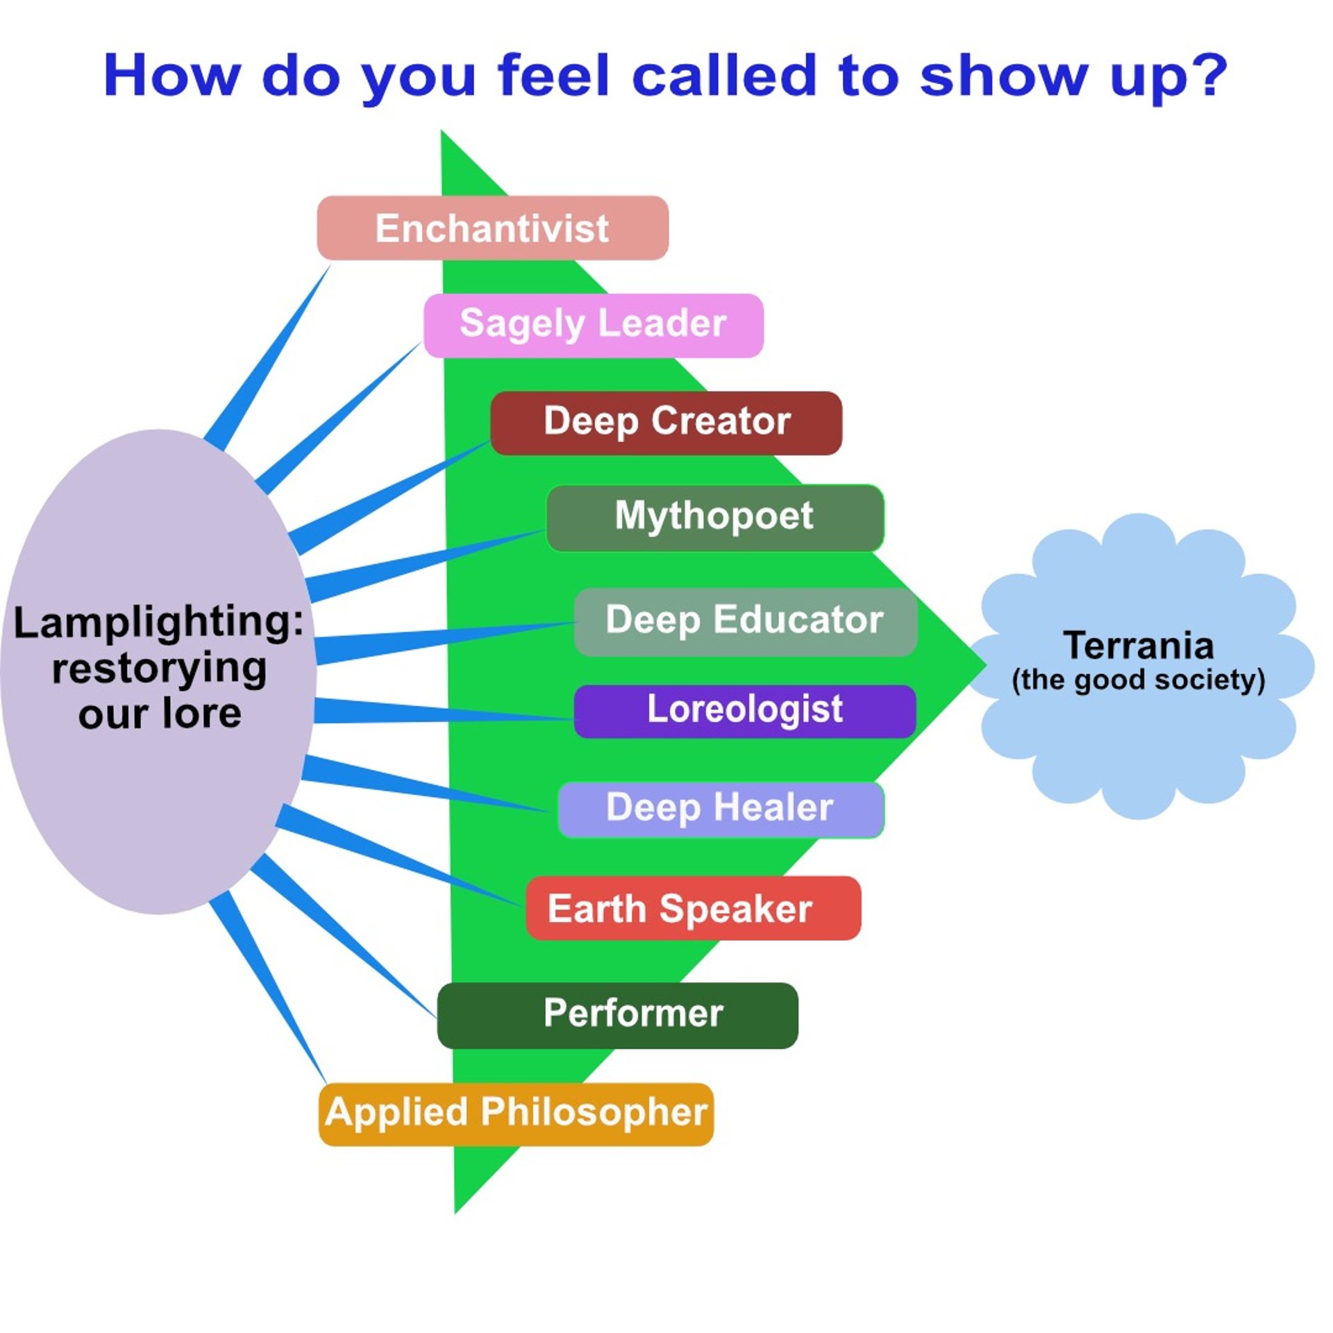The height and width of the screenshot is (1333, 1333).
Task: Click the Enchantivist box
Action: pyautogui.click(x=492, y=228)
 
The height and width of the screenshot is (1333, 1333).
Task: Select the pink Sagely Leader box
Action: pyautogui.click(x=593, y=325)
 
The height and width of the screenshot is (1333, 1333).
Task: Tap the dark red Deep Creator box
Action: pyautogui.click(x=666, y=422)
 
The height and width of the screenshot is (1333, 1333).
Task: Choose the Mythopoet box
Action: pyautogui.click(x=714, y=517)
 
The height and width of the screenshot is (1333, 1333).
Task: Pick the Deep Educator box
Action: pyautogui.click(x=745, y=621)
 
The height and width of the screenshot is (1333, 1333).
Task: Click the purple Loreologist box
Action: pyautogui.click(x=744, y=710)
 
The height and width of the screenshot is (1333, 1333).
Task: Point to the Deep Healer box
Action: pyautogui.click(x=720, y=809)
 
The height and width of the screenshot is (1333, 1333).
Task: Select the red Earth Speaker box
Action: pyautogui.click(x=693, y=908)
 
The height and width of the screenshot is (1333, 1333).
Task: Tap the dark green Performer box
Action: pyautogui.click(x=617, y=1014)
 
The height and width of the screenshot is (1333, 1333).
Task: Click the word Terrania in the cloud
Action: pyautogui.click(x=1139, y=646)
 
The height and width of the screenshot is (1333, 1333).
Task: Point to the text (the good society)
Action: pyautogui.click(x=1139, y=680)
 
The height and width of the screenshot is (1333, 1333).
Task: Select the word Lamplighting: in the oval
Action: pyautogui.click(x=158, y=622)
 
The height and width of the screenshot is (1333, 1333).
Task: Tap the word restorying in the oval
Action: pyautogui.click(x=159, y=669)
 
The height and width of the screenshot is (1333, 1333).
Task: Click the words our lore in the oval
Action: pyautogui.click(x=160, y=714)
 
